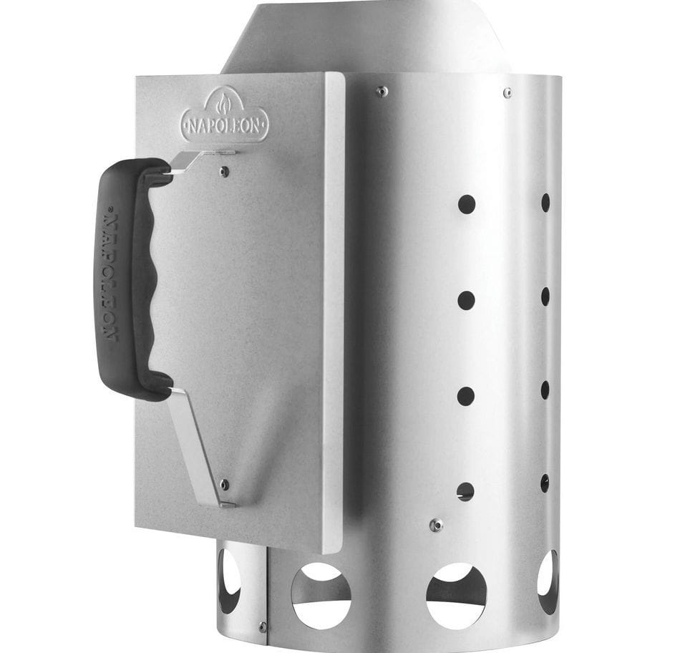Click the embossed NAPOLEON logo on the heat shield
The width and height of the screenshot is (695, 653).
tap(224, 116)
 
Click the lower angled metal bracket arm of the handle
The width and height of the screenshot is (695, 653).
tap(198, 448)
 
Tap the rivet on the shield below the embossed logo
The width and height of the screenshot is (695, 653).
tap(225, 170)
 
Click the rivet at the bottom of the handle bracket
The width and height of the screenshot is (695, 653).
tap(224, 483)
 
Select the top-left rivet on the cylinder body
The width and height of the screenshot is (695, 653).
tap(380, 92)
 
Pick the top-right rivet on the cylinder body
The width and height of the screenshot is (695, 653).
tap(507, 92)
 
